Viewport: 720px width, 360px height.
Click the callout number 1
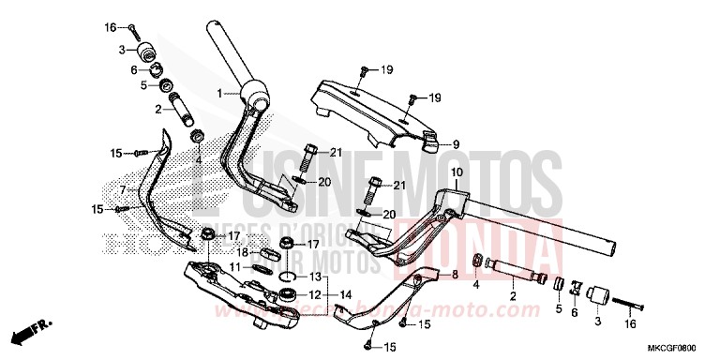pos(219,94)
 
